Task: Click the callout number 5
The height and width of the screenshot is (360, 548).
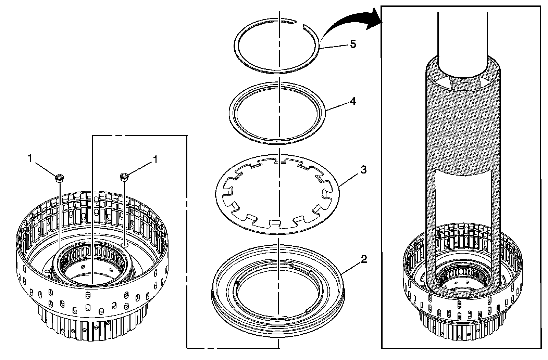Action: tap(353, 44)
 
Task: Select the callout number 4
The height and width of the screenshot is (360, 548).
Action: tap(353, 102)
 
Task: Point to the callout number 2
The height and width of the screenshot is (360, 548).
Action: tap(364, 259)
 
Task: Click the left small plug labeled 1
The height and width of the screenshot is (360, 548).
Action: tap(60, 178)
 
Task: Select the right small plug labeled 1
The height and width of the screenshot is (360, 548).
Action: tap(124, 177)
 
